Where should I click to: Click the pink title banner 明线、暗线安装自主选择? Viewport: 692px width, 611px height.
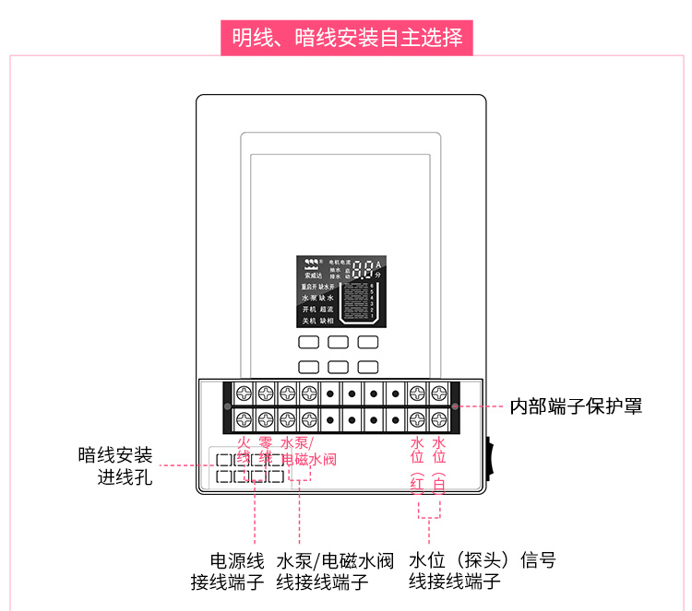(x=346, y=38)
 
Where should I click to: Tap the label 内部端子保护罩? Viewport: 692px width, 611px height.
(x=577, y=405)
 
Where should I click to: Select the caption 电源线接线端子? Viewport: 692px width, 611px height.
(x=227, y=571)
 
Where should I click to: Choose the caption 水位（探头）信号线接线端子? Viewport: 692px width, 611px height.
(x=483, y=571)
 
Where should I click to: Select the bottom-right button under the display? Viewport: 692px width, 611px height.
(x=368, y=366)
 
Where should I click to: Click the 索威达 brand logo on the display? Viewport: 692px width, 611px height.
(x=314, y=266)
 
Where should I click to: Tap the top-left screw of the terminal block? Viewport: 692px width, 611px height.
(x=244, y=391)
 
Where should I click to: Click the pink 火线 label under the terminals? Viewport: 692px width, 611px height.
(x=244, y=451)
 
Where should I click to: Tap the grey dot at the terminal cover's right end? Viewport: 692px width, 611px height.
(x=456, y=405)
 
